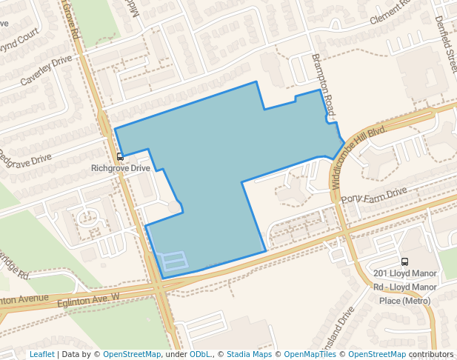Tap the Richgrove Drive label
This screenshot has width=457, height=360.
point(120,168)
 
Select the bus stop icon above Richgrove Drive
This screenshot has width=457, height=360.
point(120,156)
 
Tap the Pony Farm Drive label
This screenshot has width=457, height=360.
point(374,196)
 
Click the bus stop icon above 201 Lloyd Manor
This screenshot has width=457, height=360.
point(404,261)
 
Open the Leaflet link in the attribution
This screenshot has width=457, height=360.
point(41,354)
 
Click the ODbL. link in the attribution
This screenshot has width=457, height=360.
point(200,354)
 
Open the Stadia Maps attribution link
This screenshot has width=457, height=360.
point(249,354)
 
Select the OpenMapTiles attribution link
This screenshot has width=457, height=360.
point(310,354)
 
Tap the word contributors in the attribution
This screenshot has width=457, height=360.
point(431,354)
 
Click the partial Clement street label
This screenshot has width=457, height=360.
point(390,12)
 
